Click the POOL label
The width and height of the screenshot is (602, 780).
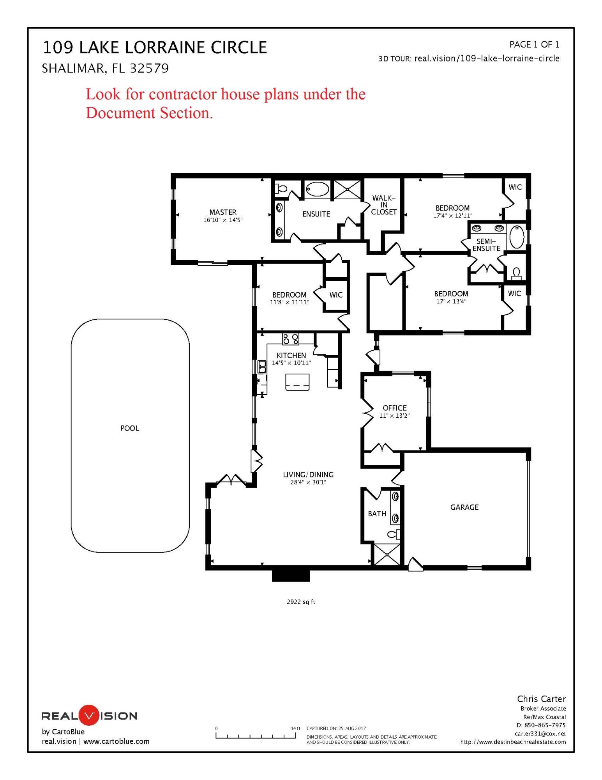(x=130, y=428)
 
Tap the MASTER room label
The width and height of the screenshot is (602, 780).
(x=223, y=212)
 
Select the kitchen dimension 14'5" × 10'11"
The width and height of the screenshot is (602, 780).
(x=291, y=363)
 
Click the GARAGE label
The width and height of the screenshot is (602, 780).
(x=464, y=507)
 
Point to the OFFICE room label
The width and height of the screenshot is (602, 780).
(x=394, y=408)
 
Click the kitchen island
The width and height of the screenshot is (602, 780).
(x=297, y=382)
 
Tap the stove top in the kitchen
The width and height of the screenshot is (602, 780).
(x=291, y=339)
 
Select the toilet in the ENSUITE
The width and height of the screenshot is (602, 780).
(x=281, y=189)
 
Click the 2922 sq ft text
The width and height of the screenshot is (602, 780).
(x=301, y=602)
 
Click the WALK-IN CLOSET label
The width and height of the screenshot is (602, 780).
(x=384, y=205)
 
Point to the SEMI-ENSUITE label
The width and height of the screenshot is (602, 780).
(x=486, y=245)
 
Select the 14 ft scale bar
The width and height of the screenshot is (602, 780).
(x=256, y=736)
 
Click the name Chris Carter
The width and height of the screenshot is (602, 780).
(x=541, y=699)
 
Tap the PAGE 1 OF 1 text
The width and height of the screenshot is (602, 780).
(x=534, y=44)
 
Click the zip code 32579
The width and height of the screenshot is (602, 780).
(x=149, y=69)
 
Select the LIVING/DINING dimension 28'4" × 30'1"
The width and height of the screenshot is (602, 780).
(x=308, y=482)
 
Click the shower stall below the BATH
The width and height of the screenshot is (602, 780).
(x=387, y=554)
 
